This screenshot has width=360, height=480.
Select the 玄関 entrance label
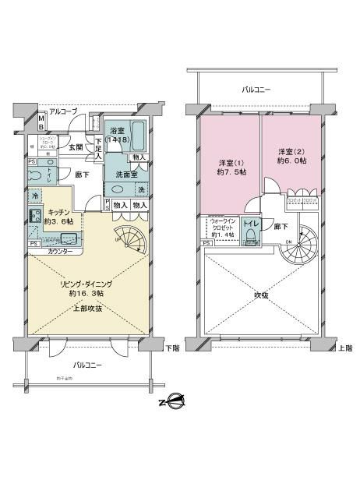[x=75, y=146]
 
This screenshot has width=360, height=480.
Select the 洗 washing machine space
[x=141, y=190]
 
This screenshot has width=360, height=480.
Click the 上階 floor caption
[x=343, y=348]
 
